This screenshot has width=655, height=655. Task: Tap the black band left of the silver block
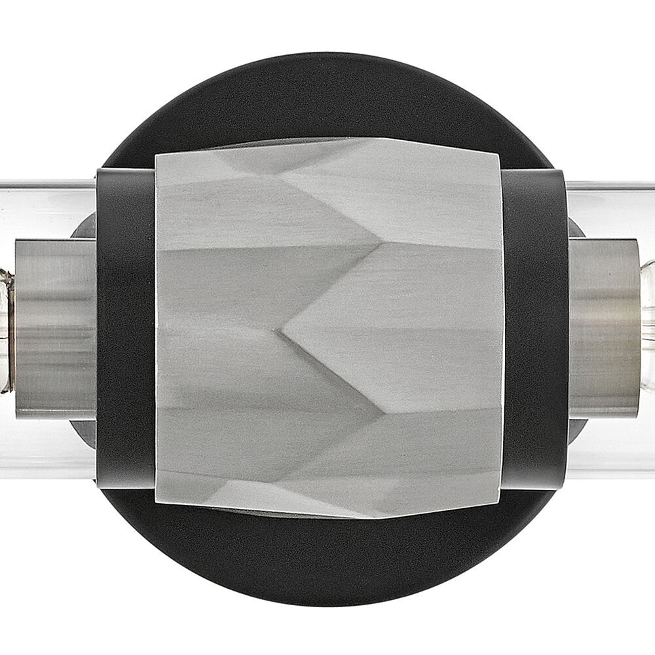pyautogui.click(x=126, y=327)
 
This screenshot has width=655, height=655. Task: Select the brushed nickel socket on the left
pyautogui.click(x=56, y=327)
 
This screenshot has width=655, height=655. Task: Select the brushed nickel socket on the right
pyautogui.click(x=603, y=327)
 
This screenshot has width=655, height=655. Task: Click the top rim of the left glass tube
pyautogui.click(x=46, y=184)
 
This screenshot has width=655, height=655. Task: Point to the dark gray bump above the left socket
pyautogui.click(x=84, y=226)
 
